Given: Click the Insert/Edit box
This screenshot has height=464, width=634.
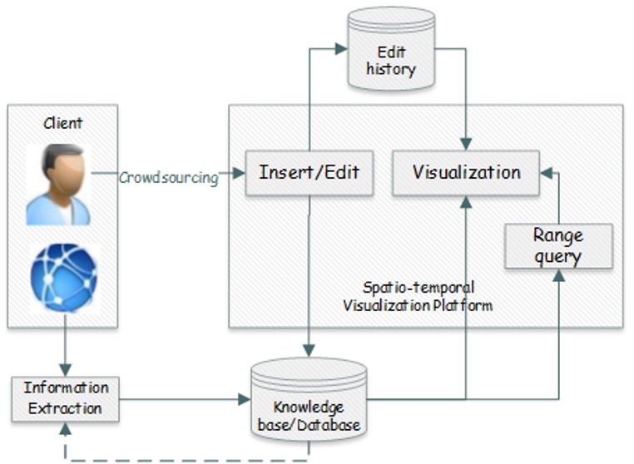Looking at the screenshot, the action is click(x=310, y=173).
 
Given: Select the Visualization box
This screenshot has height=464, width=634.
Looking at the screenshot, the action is click(x=466, y=173).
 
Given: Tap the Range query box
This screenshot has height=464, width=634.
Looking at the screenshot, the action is click(x=559, y=246).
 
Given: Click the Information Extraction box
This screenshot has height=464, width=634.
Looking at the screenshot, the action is click(x=66, y=399).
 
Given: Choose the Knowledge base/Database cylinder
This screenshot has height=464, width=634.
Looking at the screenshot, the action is click(x=309, y=400).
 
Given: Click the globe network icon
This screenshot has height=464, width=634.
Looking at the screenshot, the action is click(x=64, y=278).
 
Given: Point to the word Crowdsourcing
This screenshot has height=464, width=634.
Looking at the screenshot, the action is click(x=169, y=177).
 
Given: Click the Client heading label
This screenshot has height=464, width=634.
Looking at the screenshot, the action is click(x=62, y=123).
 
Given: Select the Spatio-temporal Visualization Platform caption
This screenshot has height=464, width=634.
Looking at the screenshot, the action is click(x=418, y=296).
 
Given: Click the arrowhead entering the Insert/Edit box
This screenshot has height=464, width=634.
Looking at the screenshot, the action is click(x=239, y=174).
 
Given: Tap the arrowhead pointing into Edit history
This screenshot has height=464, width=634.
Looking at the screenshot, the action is click(x=341, y=49).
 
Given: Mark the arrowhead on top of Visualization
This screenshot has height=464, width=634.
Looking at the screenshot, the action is click(x=466, y=145).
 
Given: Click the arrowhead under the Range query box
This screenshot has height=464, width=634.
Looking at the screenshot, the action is click(x=559, y=275).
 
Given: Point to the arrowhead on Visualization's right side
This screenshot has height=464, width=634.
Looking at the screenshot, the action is click(x=547, y=174).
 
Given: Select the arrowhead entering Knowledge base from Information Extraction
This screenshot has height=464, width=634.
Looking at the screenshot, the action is click(x=245, y=399).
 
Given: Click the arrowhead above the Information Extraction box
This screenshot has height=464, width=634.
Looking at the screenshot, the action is click(x=65, y=370).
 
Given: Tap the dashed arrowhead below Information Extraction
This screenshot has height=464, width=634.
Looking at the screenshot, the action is click(x=65, y=428).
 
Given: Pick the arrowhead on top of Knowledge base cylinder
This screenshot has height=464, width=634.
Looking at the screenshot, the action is click(x=309, y=351).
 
